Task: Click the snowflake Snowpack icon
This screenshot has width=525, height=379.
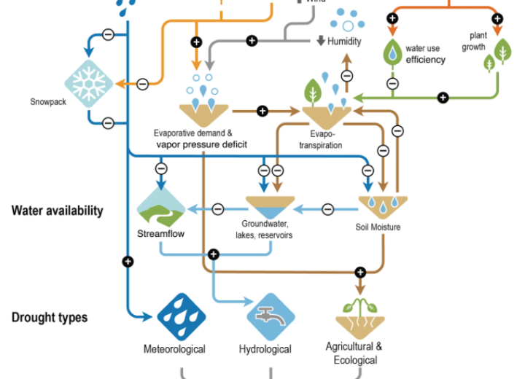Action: coord(89,84)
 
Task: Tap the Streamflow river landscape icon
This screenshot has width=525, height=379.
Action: coord(161,207)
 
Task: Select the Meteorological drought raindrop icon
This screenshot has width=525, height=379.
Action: coord(182,317)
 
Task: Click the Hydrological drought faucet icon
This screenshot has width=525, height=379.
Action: coord(271,317)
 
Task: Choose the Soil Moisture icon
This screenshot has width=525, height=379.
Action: coord(383,207)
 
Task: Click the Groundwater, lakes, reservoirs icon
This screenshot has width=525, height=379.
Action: coord(271,208)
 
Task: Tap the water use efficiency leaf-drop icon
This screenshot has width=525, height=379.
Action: coord(392,52)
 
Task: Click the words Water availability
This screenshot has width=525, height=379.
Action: coord(58,211)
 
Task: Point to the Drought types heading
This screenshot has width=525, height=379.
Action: coord(50,317)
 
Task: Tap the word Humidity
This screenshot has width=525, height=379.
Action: coord(344,42)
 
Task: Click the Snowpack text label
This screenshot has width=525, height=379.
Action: coord(48,102)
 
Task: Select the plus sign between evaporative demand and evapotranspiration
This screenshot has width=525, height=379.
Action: coord(262,112)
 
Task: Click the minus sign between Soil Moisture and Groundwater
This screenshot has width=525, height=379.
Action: coord(328,210)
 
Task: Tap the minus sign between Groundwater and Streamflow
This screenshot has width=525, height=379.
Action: coord(218,210)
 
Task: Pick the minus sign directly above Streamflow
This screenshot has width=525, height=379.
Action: coord(161,168)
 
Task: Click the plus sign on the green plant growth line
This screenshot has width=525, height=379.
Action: coord(443,98)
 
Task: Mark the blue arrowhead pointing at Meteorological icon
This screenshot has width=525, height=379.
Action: coord(147,316)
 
